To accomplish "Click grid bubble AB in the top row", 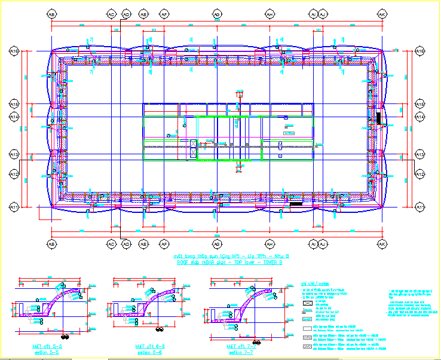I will click(x=51, y=13).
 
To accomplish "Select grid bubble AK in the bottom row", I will click(x=381, y=244).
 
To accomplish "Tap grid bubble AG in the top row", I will click(x=217, y=13).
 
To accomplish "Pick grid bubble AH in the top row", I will click(x=269, y=13).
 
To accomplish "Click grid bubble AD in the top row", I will click(x=126, y=13).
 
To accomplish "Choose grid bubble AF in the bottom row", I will click(x=163, y=244).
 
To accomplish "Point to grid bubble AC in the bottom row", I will click(x=111, y=244).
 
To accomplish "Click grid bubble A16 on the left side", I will click(x=14, y=52).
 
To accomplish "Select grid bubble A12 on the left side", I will click(x=14, y=174).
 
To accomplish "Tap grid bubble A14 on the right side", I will click(x=419, y=117).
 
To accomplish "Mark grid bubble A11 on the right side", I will click(x=419, y=207).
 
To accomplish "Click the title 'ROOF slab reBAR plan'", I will click(x=230, y=262).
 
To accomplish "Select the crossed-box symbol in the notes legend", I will click(x=308, y=304).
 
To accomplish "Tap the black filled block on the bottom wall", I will click(x=295, y=205).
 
